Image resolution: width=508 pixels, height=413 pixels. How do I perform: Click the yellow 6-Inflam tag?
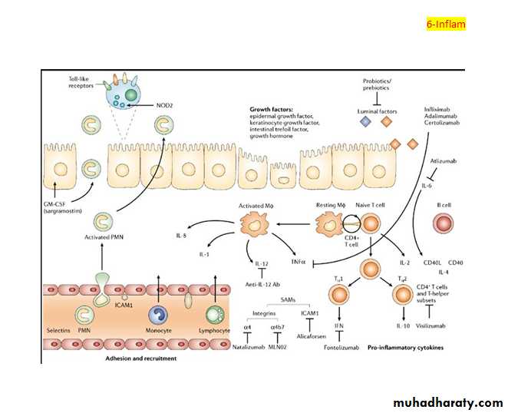446,24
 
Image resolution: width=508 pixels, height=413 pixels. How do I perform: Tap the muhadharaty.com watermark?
448,401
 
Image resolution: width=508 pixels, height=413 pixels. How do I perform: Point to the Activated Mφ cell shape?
253,224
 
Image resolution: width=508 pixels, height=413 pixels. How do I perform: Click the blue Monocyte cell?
158,316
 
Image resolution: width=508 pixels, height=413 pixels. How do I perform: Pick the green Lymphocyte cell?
217,316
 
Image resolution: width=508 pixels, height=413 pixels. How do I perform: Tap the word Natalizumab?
248,348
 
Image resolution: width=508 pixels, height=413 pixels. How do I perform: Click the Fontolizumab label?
337,347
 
